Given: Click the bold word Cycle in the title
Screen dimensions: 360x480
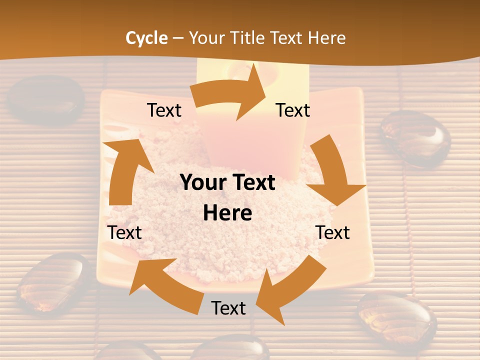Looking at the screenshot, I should click(146, 38).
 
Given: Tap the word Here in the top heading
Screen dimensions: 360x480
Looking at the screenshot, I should click(326, 38).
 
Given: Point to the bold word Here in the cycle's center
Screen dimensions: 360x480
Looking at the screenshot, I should click(227, 213).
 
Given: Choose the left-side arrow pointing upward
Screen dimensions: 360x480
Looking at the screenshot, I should click(125, 170).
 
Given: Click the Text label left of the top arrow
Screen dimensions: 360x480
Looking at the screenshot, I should click(164, 110).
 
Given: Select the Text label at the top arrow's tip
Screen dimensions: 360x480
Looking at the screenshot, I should click(293, 110).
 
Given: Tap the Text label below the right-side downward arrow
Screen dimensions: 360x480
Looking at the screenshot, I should click(332, 232).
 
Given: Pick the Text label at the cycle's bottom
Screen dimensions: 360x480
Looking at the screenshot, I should click(228, 308).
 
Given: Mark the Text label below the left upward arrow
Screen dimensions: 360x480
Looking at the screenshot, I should click(124, 232).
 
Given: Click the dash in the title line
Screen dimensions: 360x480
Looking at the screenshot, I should click(178, 38).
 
